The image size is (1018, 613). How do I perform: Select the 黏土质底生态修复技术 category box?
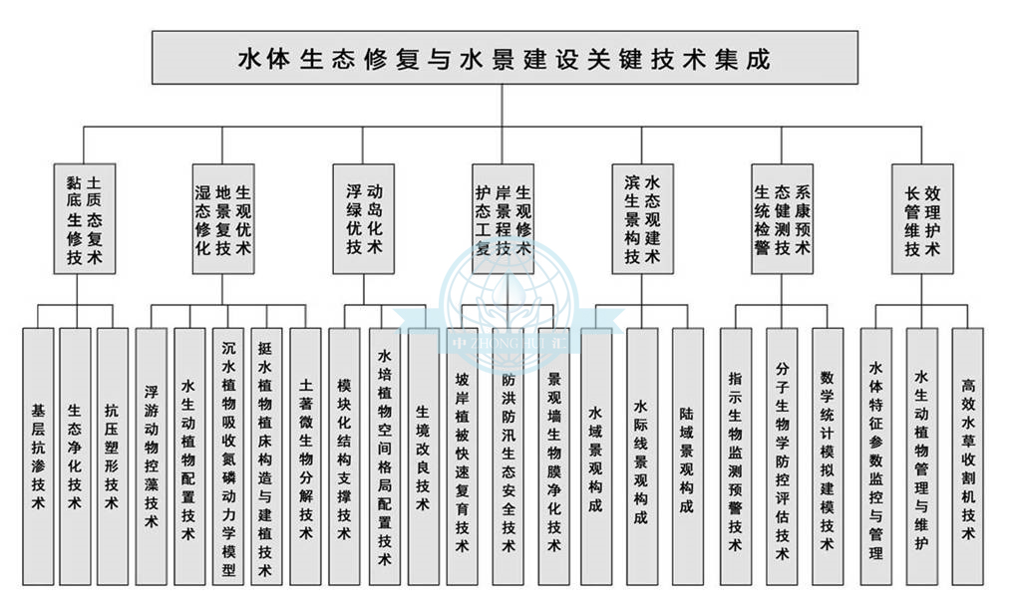(84, 219)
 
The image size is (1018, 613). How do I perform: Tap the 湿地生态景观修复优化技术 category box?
(222, 219)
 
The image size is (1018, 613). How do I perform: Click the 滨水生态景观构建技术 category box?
(643, 219)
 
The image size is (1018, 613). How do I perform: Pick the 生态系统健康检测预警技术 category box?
(783, 219)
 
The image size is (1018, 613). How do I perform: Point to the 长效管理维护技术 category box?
(922, 219)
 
